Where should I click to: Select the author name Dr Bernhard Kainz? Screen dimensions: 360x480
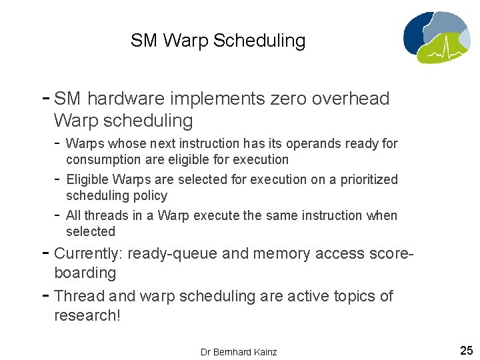[x=239, y=351]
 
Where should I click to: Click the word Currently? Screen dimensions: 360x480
[x=88, y=253]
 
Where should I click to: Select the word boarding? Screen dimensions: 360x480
[x=85, y=273]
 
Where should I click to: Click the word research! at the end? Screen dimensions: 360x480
[x=87, y=315]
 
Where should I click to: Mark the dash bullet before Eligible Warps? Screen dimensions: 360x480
[x=58, y=179]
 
